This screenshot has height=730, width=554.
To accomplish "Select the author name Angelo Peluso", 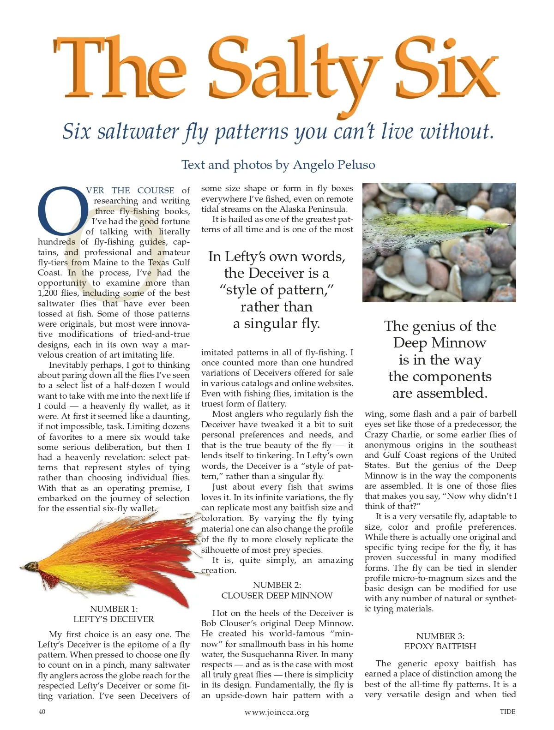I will [x=334, y=165].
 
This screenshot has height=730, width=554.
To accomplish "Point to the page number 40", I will [x=42, y=712].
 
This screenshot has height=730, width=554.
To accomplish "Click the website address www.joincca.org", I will [x=277, y=712].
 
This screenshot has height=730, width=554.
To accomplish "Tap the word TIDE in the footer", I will [x=507, y=712].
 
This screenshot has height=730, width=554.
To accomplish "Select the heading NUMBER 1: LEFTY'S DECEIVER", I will [x=114, y=614].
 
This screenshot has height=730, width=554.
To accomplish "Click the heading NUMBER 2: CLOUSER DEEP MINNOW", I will [x=277, y=590].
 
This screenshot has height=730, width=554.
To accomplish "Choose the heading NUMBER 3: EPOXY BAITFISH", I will [x=440, y=641].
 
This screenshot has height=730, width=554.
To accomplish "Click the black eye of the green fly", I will [x=489, y=230].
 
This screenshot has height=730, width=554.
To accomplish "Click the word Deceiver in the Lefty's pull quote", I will [x=277, y=273].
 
